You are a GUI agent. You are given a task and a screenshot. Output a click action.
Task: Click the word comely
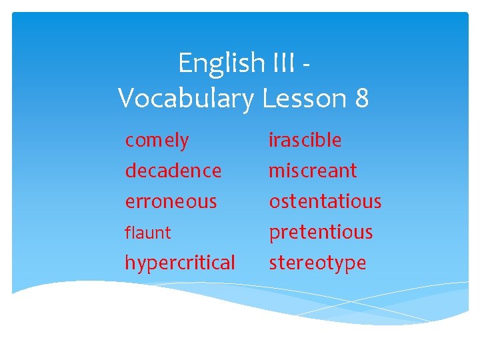(x=157, y=141)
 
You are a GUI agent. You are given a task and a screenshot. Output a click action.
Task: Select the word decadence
(x=173, y=171)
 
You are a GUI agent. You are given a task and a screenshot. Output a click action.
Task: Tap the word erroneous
(x=171, y=201)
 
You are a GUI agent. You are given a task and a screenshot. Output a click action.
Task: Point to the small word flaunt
(x=148, y=233)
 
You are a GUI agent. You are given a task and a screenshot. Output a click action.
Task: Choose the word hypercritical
(x=180, y=263)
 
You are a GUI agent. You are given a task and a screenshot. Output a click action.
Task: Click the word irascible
(x=305, y=141)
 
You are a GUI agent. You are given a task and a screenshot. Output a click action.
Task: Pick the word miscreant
(x=313, y=171)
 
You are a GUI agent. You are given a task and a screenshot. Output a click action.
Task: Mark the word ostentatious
(x=325, y=201)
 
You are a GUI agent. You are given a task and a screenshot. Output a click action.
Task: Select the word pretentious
(x=321, y=232)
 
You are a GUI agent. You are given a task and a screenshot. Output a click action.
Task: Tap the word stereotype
(x=317, y=263)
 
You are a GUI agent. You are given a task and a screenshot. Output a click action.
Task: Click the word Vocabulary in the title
(x=186, y=99)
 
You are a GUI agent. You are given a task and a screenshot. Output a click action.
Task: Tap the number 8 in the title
(x=362, y=99)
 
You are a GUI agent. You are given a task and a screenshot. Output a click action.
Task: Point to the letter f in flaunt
(x=127, y=233)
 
